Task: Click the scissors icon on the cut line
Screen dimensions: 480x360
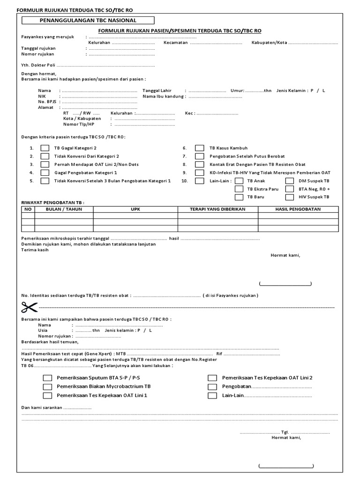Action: tap(29, 307)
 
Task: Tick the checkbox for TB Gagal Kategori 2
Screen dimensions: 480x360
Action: tap(45, 148)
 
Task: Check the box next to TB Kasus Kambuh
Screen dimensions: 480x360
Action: tap(200, 148)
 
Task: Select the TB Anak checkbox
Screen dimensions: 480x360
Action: tap(239, 180)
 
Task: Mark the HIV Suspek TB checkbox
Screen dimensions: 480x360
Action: tap(290, 197)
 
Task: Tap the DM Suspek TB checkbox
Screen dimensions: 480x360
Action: tap(290, 180)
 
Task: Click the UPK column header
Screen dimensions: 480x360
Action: tap(135, 209)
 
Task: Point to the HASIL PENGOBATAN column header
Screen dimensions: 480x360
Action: tap(298, 209)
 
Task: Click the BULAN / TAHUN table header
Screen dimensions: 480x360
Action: tap(64, 209)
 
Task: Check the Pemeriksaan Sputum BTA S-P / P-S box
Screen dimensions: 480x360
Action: tap(48, 378)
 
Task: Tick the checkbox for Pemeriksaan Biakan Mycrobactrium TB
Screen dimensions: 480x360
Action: tap(48, 387)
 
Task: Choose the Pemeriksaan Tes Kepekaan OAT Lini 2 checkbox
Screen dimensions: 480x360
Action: tap(213, 378)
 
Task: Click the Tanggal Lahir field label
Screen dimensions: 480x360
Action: tap(157, 90)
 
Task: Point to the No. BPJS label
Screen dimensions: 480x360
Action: tap(47, 102)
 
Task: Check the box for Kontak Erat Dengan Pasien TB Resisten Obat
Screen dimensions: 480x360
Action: tap(200, 165)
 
